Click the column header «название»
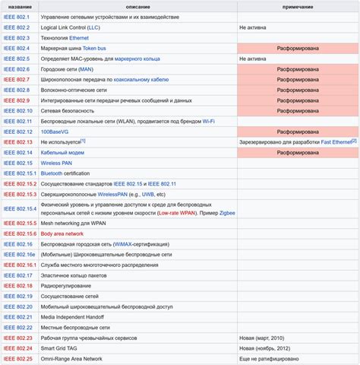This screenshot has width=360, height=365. [18, 6]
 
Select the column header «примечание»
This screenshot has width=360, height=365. [297, 6]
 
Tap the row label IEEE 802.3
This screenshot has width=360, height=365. [17, 37]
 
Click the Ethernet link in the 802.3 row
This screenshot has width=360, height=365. [79, 37]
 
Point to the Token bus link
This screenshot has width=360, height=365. [94, 47]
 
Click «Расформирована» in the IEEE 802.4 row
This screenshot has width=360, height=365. [297, 47]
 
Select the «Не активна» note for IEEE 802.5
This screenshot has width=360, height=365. [253, 58]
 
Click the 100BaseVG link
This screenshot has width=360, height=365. [55, 132]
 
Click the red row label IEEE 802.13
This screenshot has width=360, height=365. [18, 142]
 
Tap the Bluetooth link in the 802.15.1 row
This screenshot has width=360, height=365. [52, 173]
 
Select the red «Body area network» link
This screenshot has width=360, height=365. [62, 233]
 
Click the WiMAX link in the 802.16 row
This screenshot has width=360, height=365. [125, 244]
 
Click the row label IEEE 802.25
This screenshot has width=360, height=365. [18, 359]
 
